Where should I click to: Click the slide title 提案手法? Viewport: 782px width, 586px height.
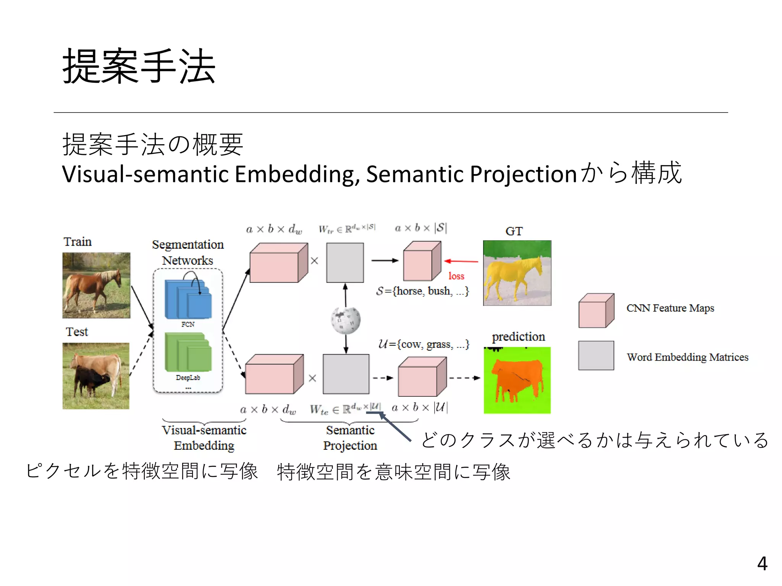pos(139,66)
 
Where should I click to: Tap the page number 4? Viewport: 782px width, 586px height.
pos(762,563)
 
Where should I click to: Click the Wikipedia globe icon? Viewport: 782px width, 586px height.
pos(346,320)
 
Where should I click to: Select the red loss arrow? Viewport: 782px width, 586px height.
pos(461,261)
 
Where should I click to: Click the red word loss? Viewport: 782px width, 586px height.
pos(456,276)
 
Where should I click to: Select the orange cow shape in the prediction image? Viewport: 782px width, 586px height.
pos(517,378)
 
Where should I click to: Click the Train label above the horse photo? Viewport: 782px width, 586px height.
pos(78,242)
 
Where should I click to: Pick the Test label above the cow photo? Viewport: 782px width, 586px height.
pos(77,332)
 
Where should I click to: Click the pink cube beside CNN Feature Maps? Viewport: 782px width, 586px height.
pos(596,311)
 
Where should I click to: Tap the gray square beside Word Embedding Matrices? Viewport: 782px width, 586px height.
pos(596,356)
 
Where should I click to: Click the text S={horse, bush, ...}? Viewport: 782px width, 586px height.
pos(422,291)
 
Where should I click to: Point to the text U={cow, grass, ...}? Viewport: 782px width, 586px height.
pos(423,345)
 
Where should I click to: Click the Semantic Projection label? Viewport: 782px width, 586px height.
pos(350,438)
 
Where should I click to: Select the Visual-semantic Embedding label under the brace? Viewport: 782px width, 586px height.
pos(204,438)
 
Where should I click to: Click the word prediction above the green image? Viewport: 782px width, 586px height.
pos(518,337)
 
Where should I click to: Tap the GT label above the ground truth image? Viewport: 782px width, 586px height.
pos(514,231)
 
